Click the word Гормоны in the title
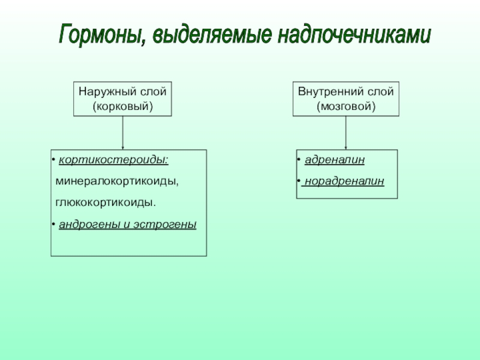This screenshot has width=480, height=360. click(x=100, y=34)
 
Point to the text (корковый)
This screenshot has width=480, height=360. click(x=122, y=106)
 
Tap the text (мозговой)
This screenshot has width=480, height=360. click(x=346, y=106)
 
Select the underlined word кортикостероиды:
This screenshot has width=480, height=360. click(x=113, y=161)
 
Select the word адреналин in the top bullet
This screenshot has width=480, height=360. click(x=334, y=161)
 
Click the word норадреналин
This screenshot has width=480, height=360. click(x=344, y=181)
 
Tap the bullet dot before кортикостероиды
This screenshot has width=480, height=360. click(x=53, y=161)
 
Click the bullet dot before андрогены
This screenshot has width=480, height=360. click(x=53, y=224)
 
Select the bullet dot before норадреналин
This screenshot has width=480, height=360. click(x=299, y=181)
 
